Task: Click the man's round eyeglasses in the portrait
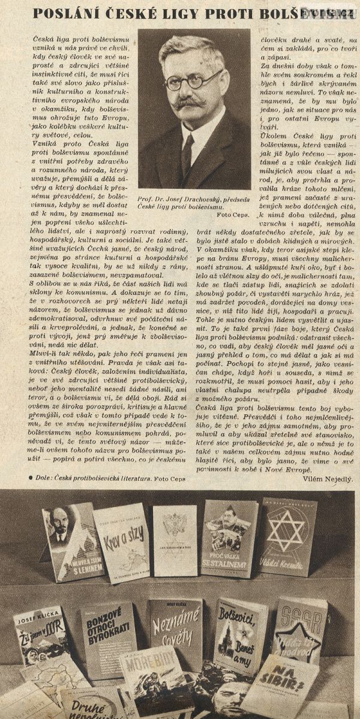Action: pos(194,80)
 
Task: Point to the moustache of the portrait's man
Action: pos(190,103)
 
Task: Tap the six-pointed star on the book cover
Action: pos(285,531)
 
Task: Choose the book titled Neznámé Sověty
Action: pos(175,633)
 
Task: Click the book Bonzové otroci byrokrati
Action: pos(108,639)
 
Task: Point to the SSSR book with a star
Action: pos(299,630)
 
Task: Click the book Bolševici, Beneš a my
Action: pos(239,636)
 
